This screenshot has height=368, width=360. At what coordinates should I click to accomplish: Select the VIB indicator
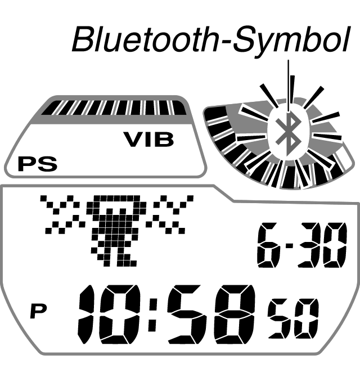[148, 140]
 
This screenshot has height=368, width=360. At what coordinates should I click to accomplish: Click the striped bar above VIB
[116, 107]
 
